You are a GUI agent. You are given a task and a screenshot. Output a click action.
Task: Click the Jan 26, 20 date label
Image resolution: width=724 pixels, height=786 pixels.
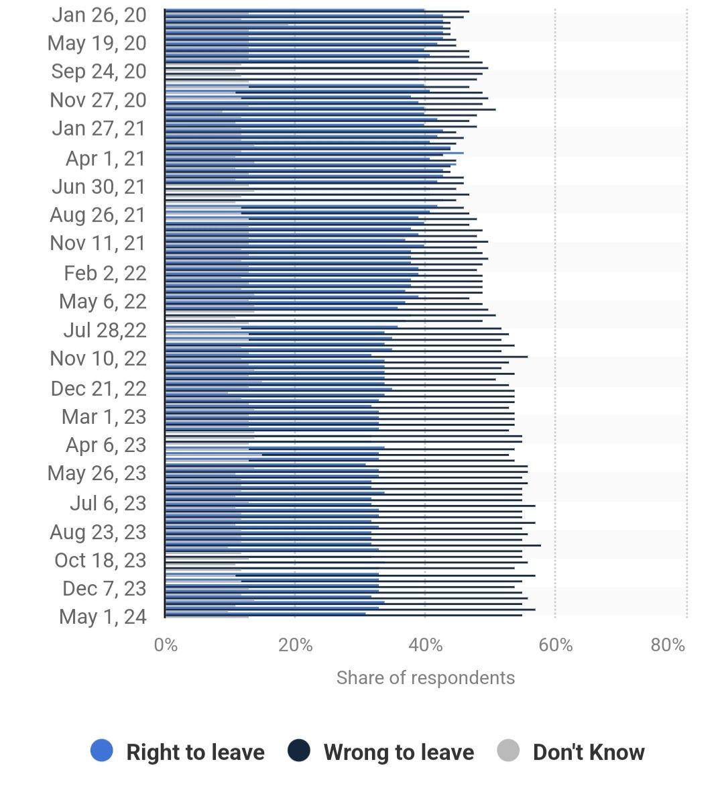point(99,15)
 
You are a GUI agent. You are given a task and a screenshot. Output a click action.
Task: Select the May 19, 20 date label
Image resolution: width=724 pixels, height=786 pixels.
point(97,44)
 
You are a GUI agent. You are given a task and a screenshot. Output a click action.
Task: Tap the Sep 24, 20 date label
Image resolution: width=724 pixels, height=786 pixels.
point(99,72)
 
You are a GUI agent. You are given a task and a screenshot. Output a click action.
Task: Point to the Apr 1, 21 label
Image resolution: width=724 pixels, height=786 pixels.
point(106,159)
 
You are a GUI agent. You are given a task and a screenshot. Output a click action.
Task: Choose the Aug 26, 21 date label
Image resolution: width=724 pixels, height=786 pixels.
point(98,215)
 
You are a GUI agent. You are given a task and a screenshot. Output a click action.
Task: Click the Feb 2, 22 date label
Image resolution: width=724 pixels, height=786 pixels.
point(105,273)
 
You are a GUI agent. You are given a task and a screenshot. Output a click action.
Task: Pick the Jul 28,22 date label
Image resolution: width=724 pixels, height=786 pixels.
point(105,330)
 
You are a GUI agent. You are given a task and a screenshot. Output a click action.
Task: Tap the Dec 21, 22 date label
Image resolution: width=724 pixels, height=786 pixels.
point(99,388)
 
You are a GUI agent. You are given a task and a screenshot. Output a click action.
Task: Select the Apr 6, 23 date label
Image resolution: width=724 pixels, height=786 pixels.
point(106,445)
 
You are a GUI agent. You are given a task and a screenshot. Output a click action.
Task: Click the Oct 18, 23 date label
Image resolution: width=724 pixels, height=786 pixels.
point(101,560)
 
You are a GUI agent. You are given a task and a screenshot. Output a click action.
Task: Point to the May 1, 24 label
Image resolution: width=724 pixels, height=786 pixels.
point(103,616)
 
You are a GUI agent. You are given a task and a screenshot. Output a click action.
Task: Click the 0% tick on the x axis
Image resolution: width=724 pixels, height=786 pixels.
point(166,645)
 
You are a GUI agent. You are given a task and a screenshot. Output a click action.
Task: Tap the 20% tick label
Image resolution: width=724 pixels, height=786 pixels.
point(296,645)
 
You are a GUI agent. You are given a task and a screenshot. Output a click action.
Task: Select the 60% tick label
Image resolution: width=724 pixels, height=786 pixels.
point(556,645)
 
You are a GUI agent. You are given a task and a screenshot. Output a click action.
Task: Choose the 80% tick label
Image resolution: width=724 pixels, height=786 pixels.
point(668,645)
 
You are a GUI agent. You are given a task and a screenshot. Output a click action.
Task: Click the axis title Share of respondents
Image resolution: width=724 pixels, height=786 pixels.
point(426,678)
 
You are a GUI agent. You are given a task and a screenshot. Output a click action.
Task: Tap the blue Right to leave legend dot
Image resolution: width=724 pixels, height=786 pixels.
point(102,751)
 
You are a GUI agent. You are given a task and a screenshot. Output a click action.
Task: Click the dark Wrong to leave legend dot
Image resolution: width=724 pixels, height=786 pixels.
point(299,751)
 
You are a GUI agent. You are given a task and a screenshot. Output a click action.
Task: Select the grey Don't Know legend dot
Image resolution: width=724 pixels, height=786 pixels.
point(509,751)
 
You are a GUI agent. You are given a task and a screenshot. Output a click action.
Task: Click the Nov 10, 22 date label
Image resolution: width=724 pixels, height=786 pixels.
point(98,359)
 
